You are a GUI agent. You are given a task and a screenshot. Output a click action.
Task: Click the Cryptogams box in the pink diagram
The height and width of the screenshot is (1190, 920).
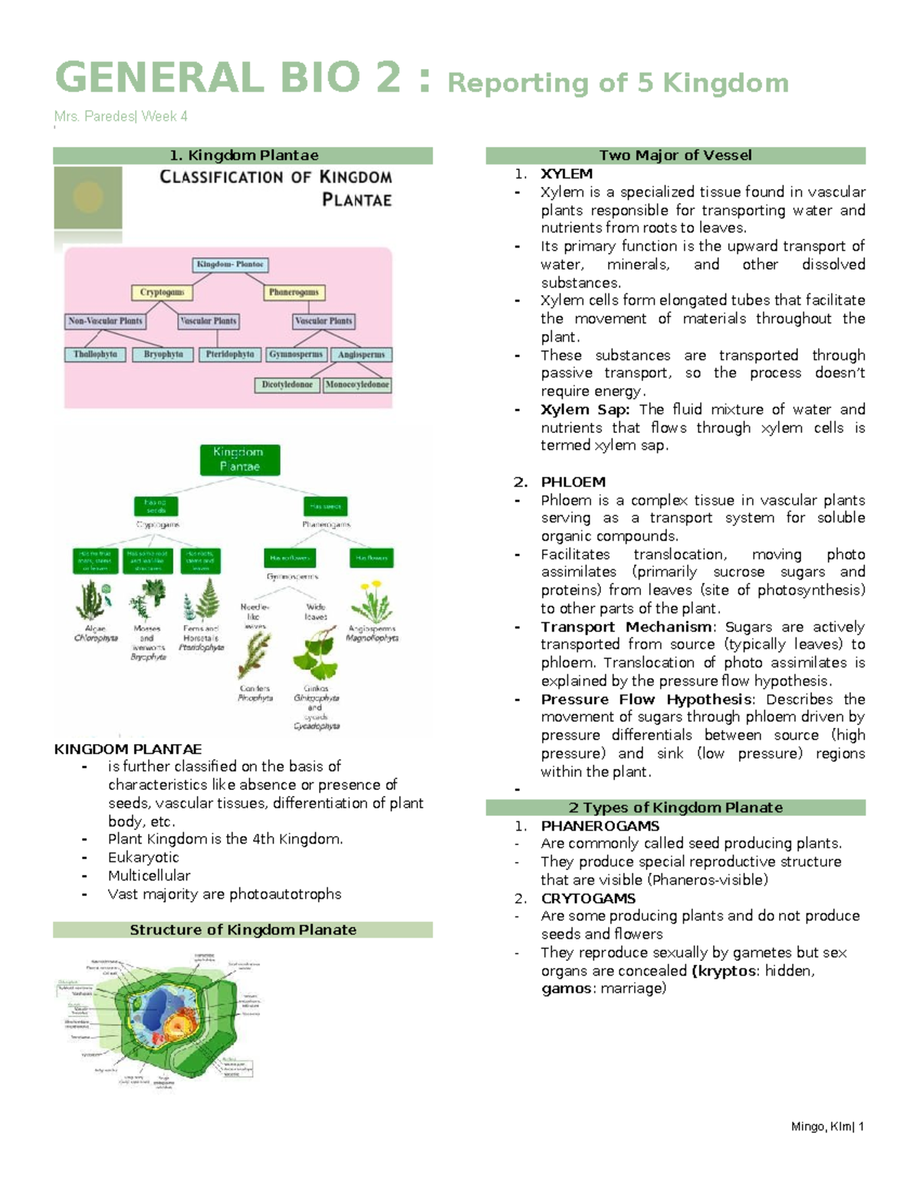(162, 292)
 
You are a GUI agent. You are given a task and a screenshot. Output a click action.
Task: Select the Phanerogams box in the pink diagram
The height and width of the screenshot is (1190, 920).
(294, 292)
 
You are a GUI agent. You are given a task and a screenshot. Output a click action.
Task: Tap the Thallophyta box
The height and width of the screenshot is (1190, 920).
(95, 354)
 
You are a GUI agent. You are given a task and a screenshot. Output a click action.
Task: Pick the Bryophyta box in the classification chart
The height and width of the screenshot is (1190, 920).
(163, 354)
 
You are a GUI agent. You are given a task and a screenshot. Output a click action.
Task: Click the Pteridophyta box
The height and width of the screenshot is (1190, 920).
(230, 354)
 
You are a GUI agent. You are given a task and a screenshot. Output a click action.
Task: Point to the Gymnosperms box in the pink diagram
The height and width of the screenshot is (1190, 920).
(297, 354)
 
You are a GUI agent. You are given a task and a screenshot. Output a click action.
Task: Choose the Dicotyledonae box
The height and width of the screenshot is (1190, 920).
(287, 385)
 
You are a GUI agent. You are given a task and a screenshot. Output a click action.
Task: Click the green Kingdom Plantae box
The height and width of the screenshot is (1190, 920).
(239, 460)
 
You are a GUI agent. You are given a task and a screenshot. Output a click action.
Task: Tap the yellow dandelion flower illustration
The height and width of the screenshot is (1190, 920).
(373, 601)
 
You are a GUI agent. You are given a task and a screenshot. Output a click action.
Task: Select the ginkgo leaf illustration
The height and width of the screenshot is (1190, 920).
(316, 654)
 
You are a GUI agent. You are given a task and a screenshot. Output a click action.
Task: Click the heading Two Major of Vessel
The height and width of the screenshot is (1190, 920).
(675, 156)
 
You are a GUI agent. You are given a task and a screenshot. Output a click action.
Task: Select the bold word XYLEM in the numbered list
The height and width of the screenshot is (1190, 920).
(566, 174)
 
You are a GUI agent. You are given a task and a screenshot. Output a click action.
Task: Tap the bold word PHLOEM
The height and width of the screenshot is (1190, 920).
(573, 482)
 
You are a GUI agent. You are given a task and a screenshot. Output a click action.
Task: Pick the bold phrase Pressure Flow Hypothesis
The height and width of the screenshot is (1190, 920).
(646, 699)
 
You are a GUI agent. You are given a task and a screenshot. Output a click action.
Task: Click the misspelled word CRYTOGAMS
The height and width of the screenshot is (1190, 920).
(587, 898)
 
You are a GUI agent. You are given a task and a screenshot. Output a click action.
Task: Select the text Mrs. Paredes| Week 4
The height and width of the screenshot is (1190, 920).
(120, 116)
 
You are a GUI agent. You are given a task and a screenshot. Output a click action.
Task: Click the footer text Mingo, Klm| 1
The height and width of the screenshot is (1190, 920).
(827, 1126)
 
